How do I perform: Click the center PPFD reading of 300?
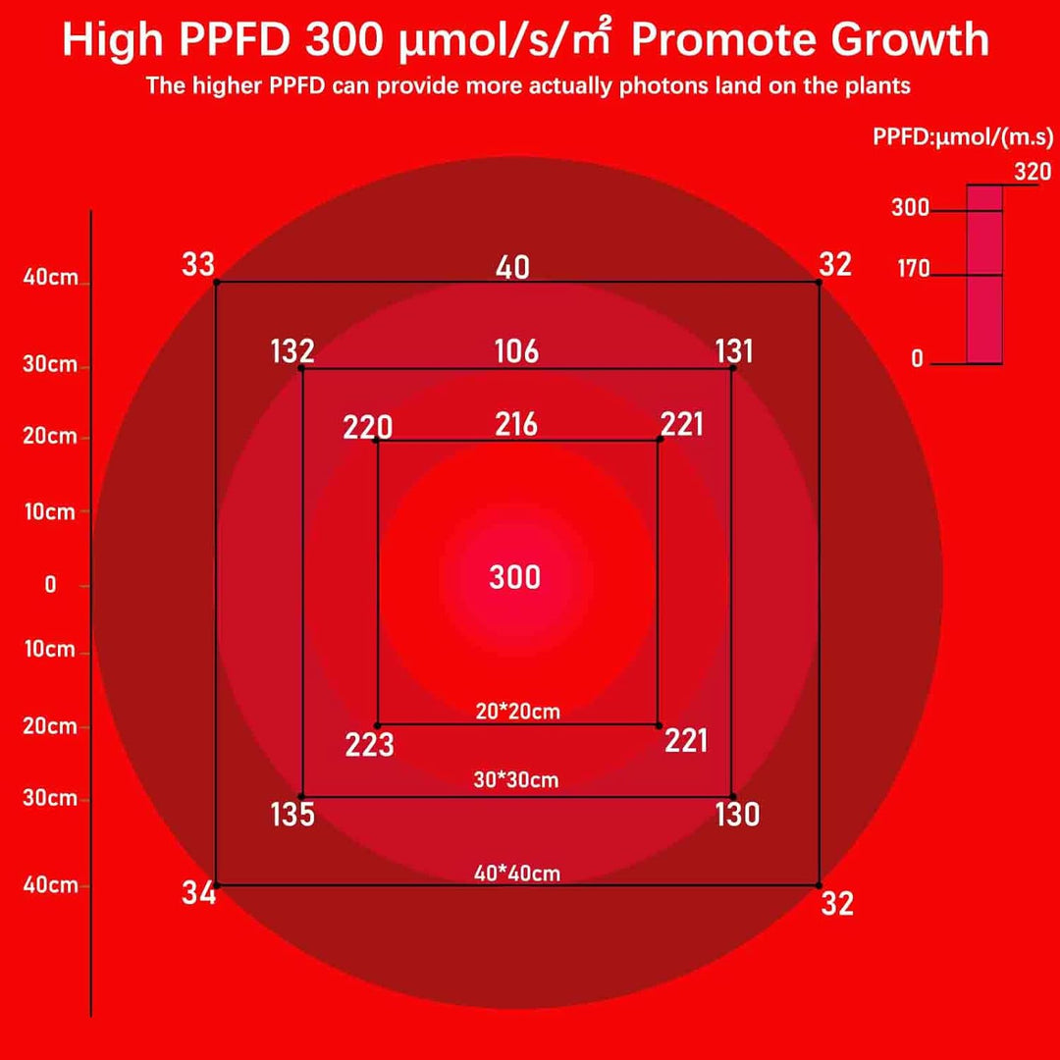[515, 577]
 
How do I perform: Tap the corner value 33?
[198, 265]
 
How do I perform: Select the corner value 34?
[198, 893]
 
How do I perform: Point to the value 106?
[517, 351]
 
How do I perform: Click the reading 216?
[516, 424]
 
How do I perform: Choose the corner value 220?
[368, 427]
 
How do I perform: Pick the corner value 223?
[370, 746]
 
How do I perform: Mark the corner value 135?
[292, 815]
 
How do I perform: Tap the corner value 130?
[737, 815]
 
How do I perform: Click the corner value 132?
[292, 351]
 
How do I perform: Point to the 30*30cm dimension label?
[515, 780]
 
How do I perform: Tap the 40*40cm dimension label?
[517, 872]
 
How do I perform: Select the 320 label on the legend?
[1033, 172]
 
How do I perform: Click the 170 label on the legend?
[913, 268]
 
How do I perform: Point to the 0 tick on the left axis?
[51, 585]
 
